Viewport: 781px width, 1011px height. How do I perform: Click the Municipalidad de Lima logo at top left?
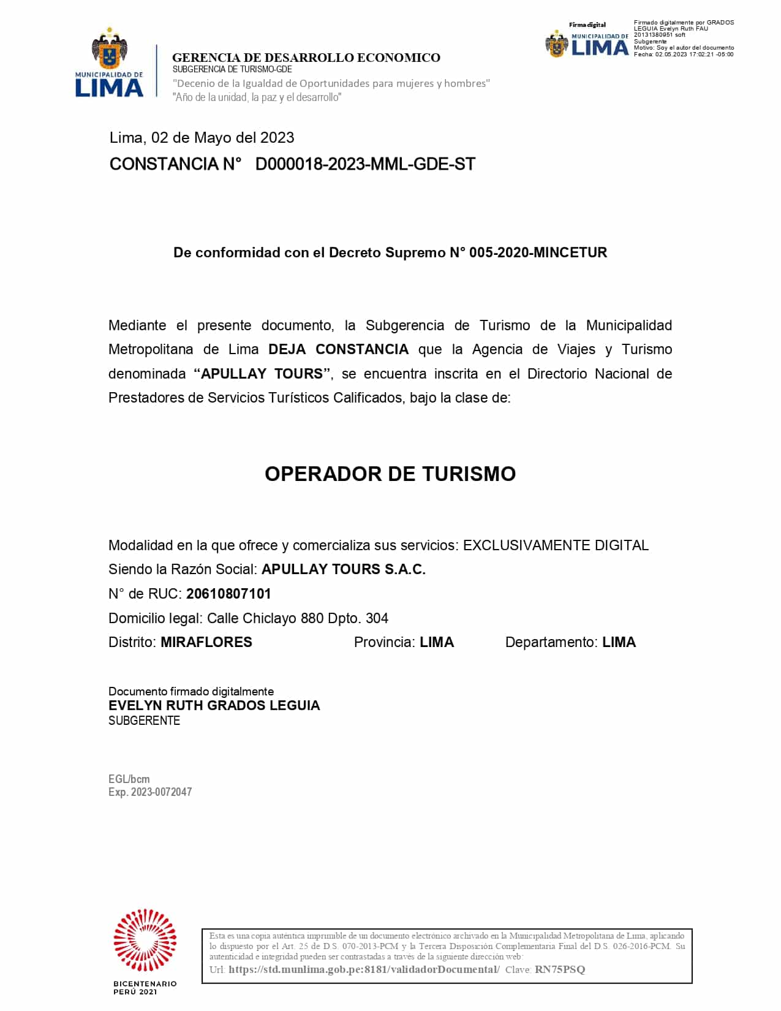pyautogui.click(x=109, y=63)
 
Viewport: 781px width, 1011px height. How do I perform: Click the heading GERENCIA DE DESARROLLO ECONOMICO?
pyautogui.click(x=306, y=58)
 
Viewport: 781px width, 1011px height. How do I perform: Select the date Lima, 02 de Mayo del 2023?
pyautogui.click(x=202, y=138)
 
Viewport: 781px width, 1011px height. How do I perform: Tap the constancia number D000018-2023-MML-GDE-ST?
pyautogui.click(x=365, y=164)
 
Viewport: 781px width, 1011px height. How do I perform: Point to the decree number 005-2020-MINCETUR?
pyautogui.click(x=538, y=252)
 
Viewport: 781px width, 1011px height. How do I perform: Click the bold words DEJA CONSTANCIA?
pyautogui.click(x=338, y=349)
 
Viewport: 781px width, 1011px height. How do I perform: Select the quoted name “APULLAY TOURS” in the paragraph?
pyautogui.click(x=263, y=374)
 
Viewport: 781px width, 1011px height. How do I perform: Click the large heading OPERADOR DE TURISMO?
pyautogui.click(x=390, y=474)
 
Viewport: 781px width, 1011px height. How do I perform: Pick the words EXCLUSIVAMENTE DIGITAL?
pyautogui.click(x=556, y=545)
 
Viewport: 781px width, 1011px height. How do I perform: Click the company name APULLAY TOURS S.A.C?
pyautogui.click(x=343, y=569)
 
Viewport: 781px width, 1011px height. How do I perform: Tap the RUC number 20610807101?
pyautogui.click(x=228, y=594)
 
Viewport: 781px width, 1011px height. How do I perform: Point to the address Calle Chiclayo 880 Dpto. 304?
pyautogui.click(x=297, y=618)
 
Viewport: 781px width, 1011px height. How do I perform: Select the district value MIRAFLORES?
pyautogui.click(x=206, y=642)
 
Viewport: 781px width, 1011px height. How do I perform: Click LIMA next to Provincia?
pyautogui.click(x=437, y=642)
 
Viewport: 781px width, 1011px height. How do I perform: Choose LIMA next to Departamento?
pyautogui.click(x=619, y=642)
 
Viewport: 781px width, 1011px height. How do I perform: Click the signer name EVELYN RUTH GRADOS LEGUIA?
pyautogui.click(x=214, y=705)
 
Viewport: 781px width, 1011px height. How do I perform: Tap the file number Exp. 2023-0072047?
pyautogui.click(x=150, y=792)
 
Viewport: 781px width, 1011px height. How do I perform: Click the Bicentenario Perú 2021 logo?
pyautogui.click(x=145, y=950)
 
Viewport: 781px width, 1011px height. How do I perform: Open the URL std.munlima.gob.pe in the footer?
pyautogui.click(x=364, y=969)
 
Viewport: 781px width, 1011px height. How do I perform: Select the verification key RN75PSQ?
pyautogui.click(x=560, y=969)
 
